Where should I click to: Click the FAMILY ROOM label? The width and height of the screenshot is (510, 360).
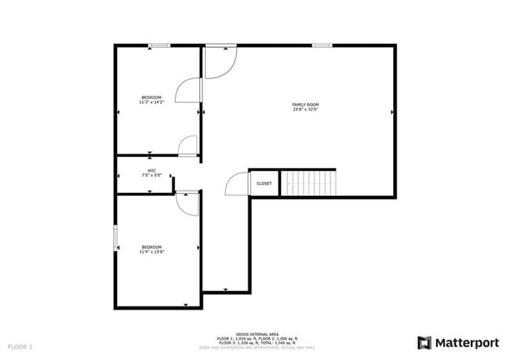tap(305, 104)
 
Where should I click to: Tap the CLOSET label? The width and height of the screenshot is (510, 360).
tap(264, 184)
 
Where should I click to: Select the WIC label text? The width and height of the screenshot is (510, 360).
tap(151, 170)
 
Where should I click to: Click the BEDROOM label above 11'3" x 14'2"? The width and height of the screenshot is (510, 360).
tap(151, 97)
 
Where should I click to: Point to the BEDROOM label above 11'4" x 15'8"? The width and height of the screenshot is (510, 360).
tap(152, 246)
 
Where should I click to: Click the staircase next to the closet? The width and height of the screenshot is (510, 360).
tap(309, 183)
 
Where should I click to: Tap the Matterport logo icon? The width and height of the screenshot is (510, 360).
tap(424, 343)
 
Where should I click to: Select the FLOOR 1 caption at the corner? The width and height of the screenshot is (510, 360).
tap(20, 346)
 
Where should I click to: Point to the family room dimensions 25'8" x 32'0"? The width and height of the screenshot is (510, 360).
tap(305, 109)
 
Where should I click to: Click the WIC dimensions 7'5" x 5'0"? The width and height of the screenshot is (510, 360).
tap(151, 175)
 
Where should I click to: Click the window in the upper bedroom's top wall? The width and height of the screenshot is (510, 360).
tap(160, 45)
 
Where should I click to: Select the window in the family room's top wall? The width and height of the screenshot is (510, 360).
tap(321, 45)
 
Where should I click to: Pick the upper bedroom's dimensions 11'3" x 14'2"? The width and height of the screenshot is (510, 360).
tap(151, 102)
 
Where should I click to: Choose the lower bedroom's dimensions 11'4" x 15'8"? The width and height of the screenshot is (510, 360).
tap(152, 251)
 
